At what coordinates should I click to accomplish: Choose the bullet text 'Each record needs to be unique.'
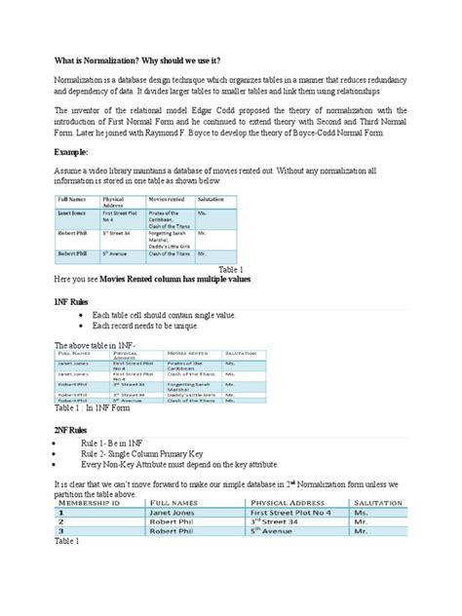click(153, 328)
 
